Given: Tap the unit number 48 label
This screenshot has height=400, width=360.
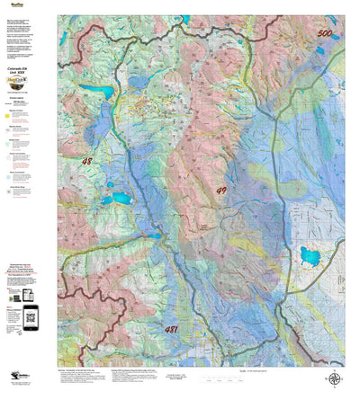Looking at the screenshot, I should click(86, 161).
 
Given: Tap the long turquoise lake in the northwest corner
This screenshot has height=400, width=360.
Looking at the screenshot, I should click(94, 91).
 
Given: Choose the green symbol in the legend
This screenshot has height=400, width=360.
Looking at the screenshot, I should click(15, 142).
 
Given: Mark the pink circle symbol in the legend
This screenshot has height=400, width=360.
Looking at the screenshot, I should click(15, 174).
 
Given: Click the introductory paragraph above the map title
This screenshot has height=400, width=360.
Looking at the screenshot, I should click(28, 36).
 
